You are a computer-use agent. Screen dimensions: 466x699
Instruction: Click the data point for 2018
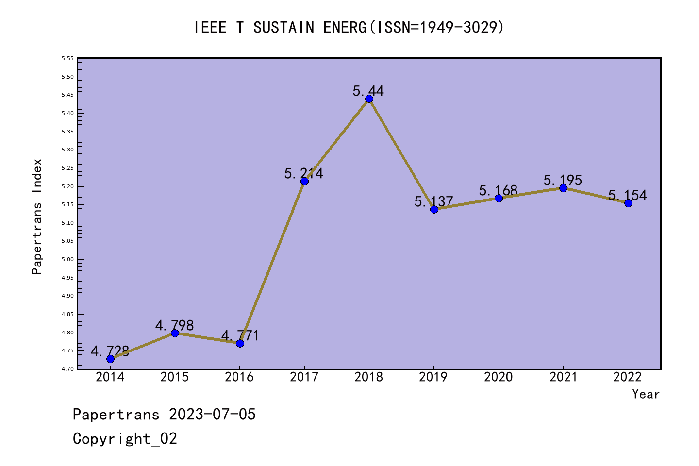coord(369,99)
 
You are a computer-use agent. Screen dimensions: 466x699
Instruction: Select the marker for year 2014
coord(110,359)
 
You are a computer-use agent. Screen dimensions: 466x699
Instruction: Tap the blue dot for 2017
coord(304,181)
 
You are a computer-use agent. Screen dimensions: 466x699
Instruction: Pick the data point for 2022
coord(628,203)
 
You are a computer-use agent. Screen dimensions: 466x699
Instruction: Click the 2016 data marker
coord(240,343)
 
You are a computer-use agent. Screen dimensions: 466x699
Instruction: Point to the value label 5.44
coord(368,91)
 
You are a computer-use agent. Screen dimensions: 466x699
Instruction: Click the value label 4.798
coord(174,325)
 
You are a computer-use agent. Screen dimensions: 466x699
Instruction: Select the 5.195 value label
coord(563,180)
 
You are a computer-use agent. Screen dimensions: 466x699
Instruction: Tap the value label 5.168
coord(498,190)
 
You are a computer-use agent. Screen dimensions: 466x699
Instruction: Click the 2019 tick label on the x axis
coord(433,377)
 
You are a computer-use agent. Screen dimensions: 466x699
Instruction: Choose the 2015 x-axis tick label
coord(174,377)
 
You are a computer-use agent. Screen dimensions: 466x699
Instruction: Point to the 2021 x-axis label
coord(563,377)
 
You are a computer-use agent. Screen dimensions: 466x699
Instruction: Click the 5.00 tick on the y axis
coord(67,259)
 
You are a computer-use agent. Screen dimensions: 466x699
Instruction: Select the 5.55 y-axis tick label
coord(67,58)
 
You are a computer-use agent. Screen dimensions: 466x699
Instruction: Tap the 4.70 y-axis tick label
coord(67,369)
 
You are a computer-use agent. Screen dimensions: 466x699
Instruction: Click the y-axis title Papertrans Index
coord(37,216)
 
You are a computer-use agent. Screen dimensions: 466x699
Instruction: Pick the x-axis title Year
coord(646,394)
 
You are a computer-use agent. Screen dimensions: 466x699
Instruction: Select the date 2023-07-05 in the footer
coord(212,414)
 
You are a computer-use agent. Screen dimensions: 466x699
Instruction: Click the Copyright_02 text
coord(125,438)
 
